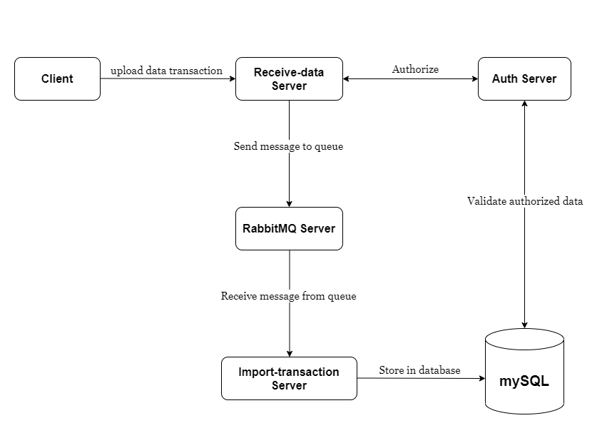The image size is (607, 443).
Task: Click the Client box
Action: (x=57, y=79)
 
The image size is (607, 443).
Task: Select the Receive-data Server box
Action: (x=289, y=79)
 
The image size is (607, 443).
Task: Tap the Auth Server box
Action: (x=524, y=79)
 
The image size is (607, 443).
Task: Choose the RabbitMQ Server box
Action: (x=289, y=229)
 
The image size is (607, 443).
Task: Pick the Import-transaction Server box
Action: (x=289, y=379)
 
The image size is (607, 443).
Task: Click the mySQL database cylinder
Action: (x=524, y=375)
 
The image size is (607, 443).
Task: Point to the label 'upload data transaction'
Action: (x=166, y=71)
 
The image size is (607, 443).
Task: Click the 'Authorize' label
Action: (x=415, y=69)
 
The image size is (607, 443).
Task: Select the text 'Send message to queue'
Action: (x=288, y=146)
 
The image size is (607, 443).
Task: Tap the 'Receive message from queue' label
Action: (x=288, y=296)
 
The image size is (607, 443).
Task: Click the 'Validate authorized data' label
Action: (x=525, y=201)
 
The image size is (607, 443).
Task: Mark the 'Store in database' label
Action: (x=419, y=370)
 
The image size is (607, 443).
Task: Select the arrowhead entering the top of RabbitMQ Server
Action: (x=289, y=203)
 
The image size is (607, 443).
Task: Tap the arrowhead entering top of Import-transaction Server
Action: (x=289, y=353)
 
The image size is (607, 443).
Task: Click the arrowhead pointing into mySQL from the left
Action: (x=481, y=379)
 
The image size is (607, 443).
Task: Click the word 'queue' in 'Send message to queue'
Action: (x=329, y=146)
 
